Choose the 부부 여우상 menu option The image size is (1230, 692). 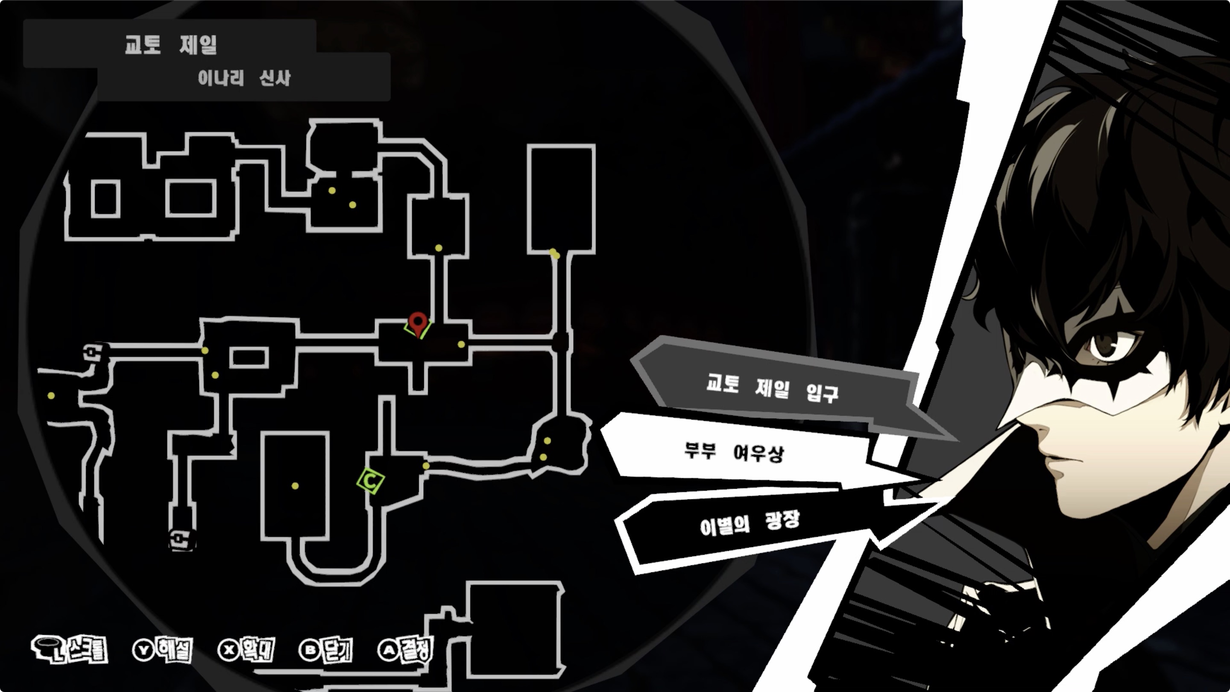click(734, 452)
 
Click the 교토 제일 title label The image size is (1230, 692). click(170, 45)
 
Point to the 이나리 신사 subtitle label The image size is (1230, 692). click(244, 78)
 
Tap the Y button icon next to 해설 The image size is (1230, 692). click(143, 650)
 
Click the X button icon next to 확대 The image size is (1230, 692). click(229, 650)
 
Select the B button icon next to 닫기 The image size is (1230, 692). click(310, 650)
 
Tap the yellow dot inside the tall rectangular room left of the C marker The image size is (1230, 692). click(295, 486)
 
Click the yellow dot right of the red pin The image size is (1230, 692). click(461, 344)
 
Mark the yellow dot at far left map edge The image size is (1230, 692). click(51, 396)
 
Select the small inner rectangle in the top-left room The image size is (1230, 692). click(105, 199)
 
